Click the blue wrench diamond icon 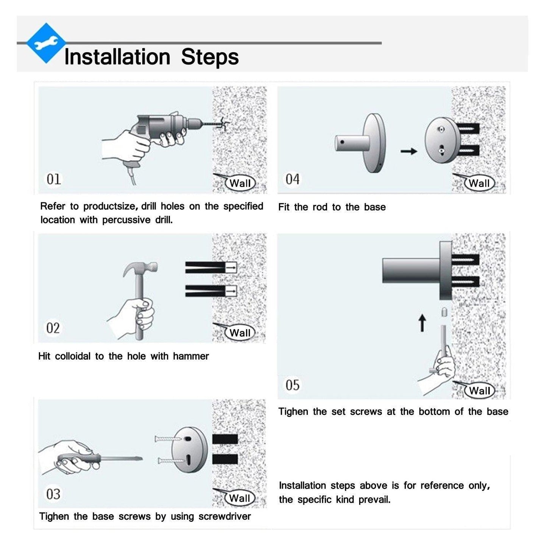pos(46,43)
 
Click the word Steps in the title pos(210,57)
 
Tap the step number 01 pos(54,179)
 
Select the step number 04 pos(292,179)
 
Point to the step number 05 pos(292,385)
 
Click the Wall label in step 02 pos(240,333)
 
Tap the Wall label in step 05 pos(480,391)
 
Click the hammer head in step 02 pos(140,268)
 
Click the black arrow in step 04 pos(409,151)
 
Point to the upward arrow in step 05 pos(422,323)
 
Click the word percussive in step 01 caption pos(126,220)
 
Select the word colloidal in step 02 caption pos(73,356)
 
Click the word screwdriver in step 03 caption pos(224,516)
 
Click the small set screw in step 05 pos(444,312)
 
